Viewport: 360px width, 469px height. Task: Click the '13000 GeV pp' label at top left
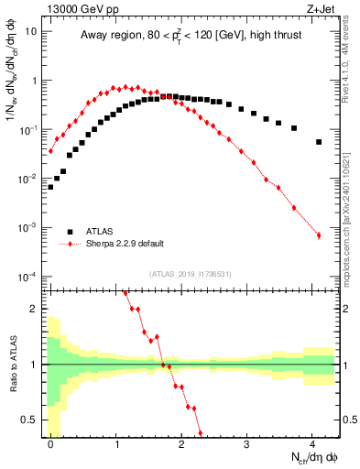click(80, 10)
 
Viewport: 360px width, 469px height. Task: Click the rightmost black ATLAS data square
click(319, 142)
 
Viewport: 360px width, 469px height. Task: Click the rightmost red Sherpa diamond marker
click(319, 235)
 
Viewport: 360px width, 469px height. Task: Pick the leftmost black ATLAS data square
click(50, 187)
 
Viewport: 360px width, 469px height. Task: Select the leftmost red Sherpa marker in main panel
click(50, 151)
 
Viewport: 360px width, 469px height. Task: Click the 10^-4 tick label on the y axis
click(27, 276)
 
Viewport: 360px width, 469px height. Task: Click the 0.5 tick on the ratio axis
click(29, 420)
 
